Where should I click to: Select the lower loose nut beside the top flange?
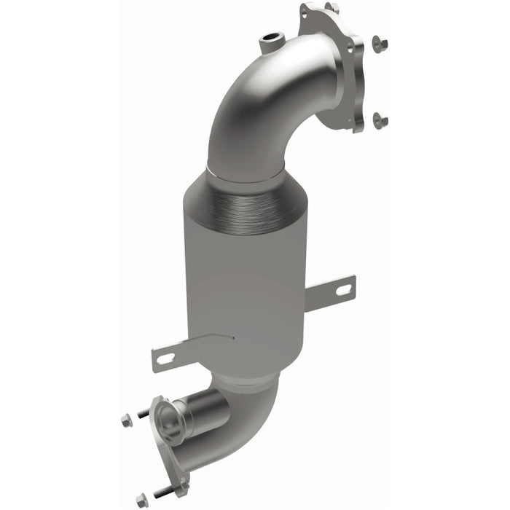coord(380,119)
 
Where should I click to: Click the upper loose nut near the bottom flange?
coord(124,420)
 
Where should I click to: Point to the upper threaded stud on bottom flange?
coord(144,414)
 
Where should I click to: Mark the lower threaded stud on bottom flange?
coord(162,489)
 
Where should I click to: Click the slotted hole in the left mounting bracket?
coord(164,358)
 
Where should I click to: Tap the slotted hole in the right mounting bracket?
coord(340,291)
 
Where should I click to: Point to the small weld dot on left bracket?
coord(232,337)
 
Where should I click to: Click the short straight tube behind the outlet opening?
coord(200,412)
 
